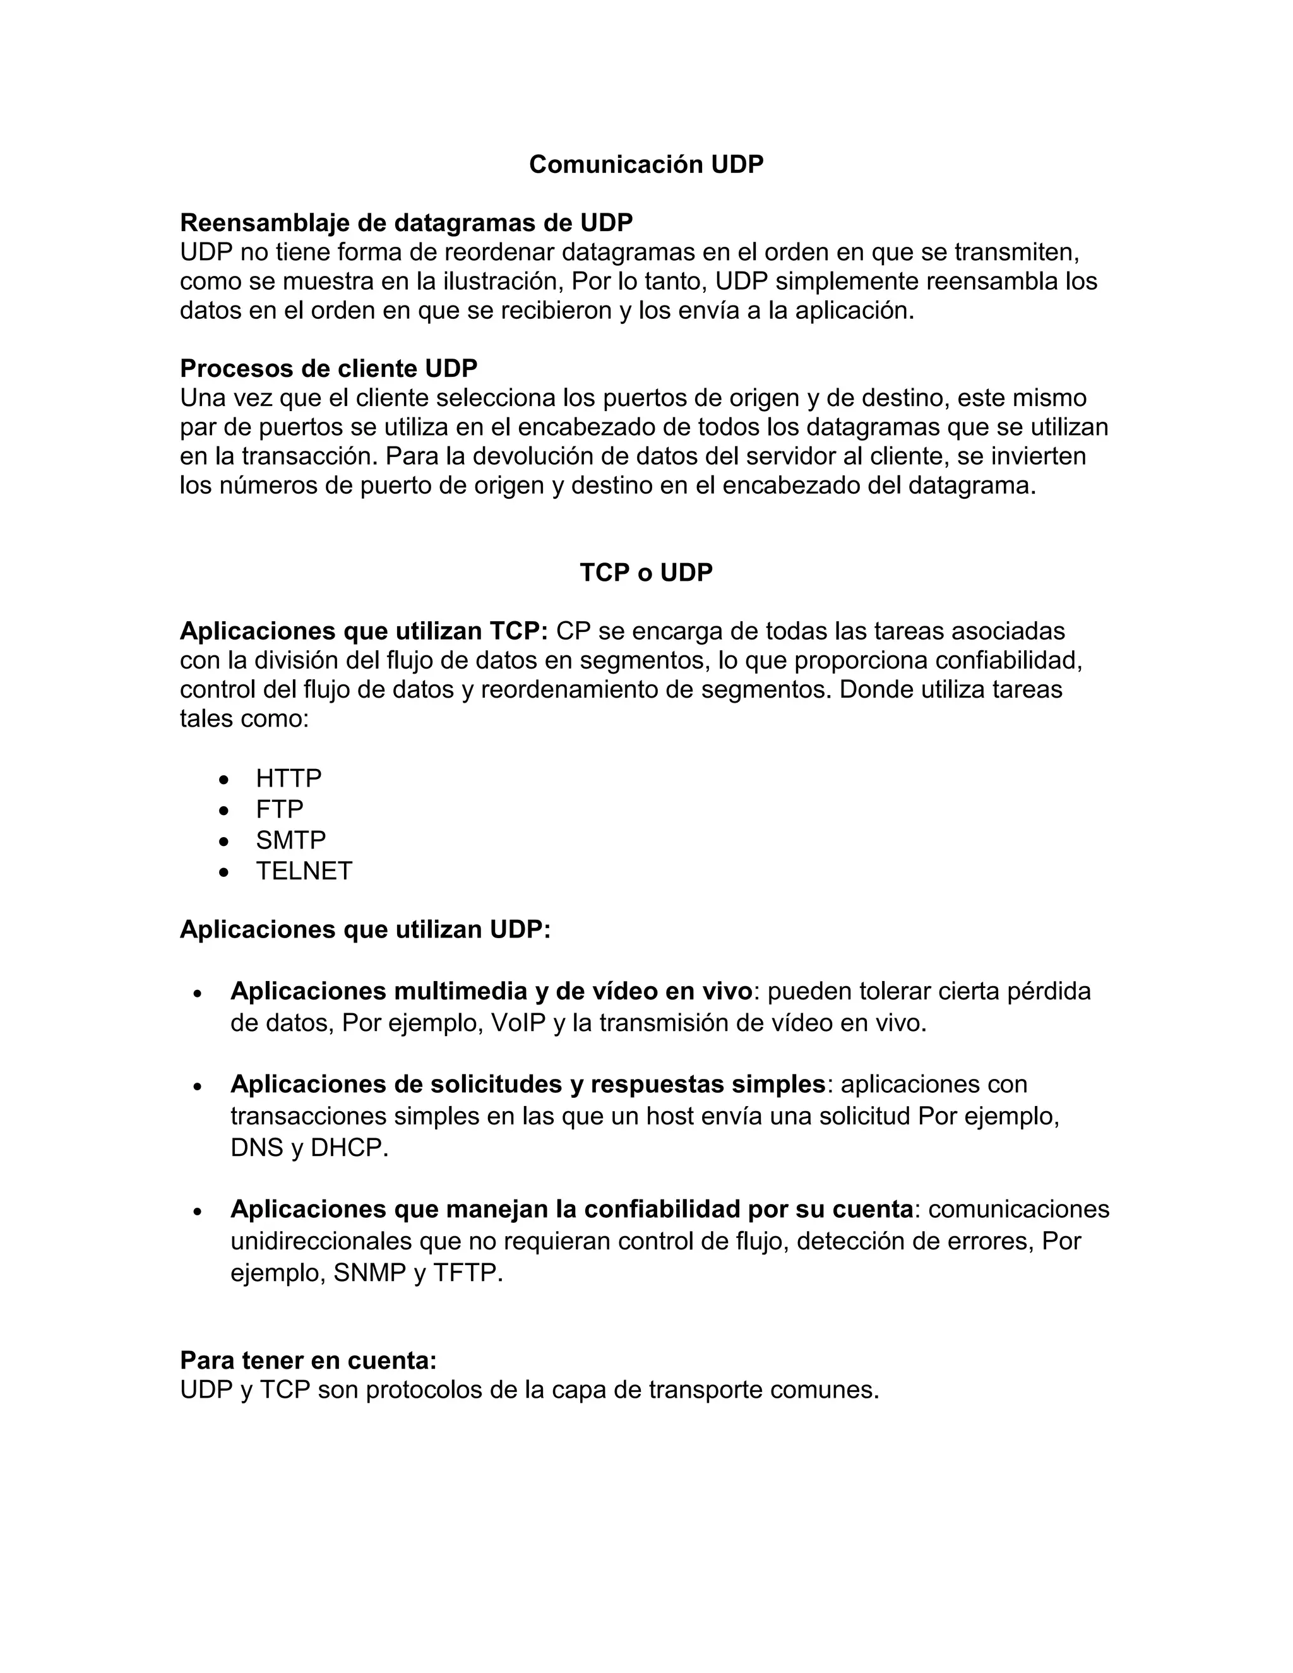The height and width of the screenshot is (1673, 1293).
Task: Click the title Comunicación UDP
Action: [646, 165]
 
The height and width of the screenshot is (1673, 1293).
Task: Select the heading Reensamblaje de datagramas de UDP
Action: [406, 223]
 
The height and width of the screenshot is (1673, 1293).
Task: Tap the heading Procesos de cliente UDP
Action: [328, 369]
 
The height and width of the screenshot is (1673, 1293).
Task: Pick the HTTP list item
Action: [289, 778]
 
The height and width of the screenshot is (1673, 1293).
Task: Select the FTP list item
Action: [280, 809]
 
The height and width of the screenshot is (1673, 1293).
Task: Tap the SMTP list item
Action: [290, 840]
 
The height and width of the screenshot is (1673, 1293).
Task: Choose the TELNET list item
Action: [304, 871]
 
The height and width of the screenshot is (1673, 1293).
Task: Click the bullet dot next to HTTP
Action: [223, 780]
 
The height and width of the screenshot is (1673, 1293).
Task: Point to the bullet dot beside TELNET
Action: [223, 872]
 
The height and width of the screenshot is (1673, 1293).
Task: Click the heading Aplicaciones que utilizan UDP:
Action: [366, 929]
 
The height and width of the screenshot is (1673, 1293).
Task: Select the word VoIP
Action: [518, 1023]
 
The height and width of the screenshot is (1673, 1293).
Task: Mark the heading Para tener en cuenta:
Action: [308, 1360]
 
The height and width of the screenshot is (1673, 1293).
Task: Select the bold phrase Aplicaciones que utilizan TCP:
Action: [364, 631]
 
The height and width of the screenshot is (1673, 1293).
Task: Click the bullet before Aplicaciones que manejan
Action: [198, 1211]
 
